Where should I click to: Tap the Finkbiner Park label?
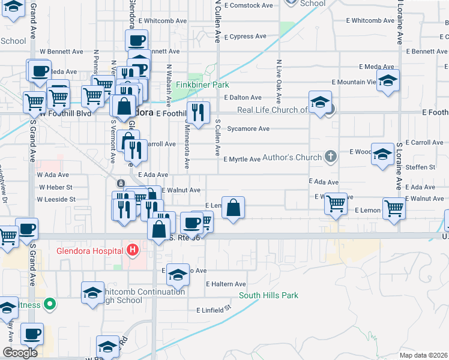click(x=207, y=85)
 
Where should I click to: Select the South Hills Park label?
click(x=268, y=295)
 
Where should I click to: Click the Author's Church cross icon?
click(x=330, y=158)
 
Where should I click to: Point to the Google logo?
click(x=20, y=353)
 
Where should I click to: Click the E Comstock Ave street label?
click(x=248, y=5)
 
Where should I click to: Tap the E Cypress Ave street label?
click(x=245, y=37)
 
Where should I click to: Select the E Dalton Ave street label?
click(x=243, y=97)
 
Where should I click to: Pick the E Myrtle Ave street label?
click(x=242, y=159)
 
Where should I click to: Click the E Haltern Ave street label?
click(x=226, y=284)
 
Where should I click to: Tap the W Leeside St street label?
click(x=56, y=199)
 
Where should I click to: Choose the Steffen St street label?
click(x=420, y=167)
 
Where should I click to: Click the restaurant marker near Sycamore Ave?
click(x=197, y=112)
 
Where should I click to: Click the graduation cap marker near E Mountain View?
click(x=388, y=80)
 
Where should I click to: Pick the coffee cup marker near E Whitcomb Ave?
click(x=136, y=41)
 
